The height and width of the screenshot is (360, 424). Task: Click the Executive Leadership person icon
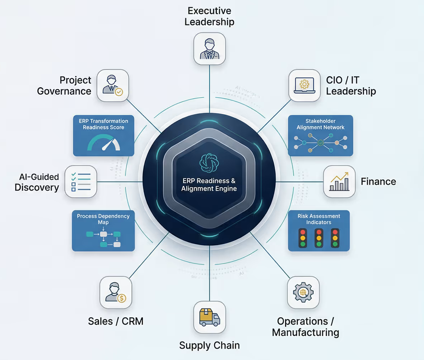click(209, 49)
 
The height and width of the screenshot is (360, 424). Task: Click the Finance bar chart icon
click(339, 181)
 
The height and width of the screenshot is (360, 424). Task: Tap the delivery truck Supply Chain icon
click(209, 317)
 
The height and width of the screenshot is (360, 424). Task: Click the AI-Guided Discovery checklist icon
click(81, 181)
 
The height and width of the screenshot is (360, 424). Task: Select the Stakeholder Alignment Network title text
click(320, 124)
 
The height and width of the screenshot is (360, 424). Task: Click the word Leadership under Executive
click(209, 22)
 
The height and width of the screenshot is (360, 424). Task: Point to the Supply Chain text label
click(209, 345)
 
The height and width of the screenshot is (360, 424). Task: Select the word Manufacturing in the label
click(305, 332)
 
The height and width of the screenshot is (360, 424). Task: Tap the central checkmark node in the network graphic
click(320, 142)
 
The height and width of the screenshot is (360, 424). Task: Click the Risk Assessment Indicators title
click(319, 219)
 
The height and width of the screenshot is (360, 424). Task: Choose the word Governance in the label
click(64, 91)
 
